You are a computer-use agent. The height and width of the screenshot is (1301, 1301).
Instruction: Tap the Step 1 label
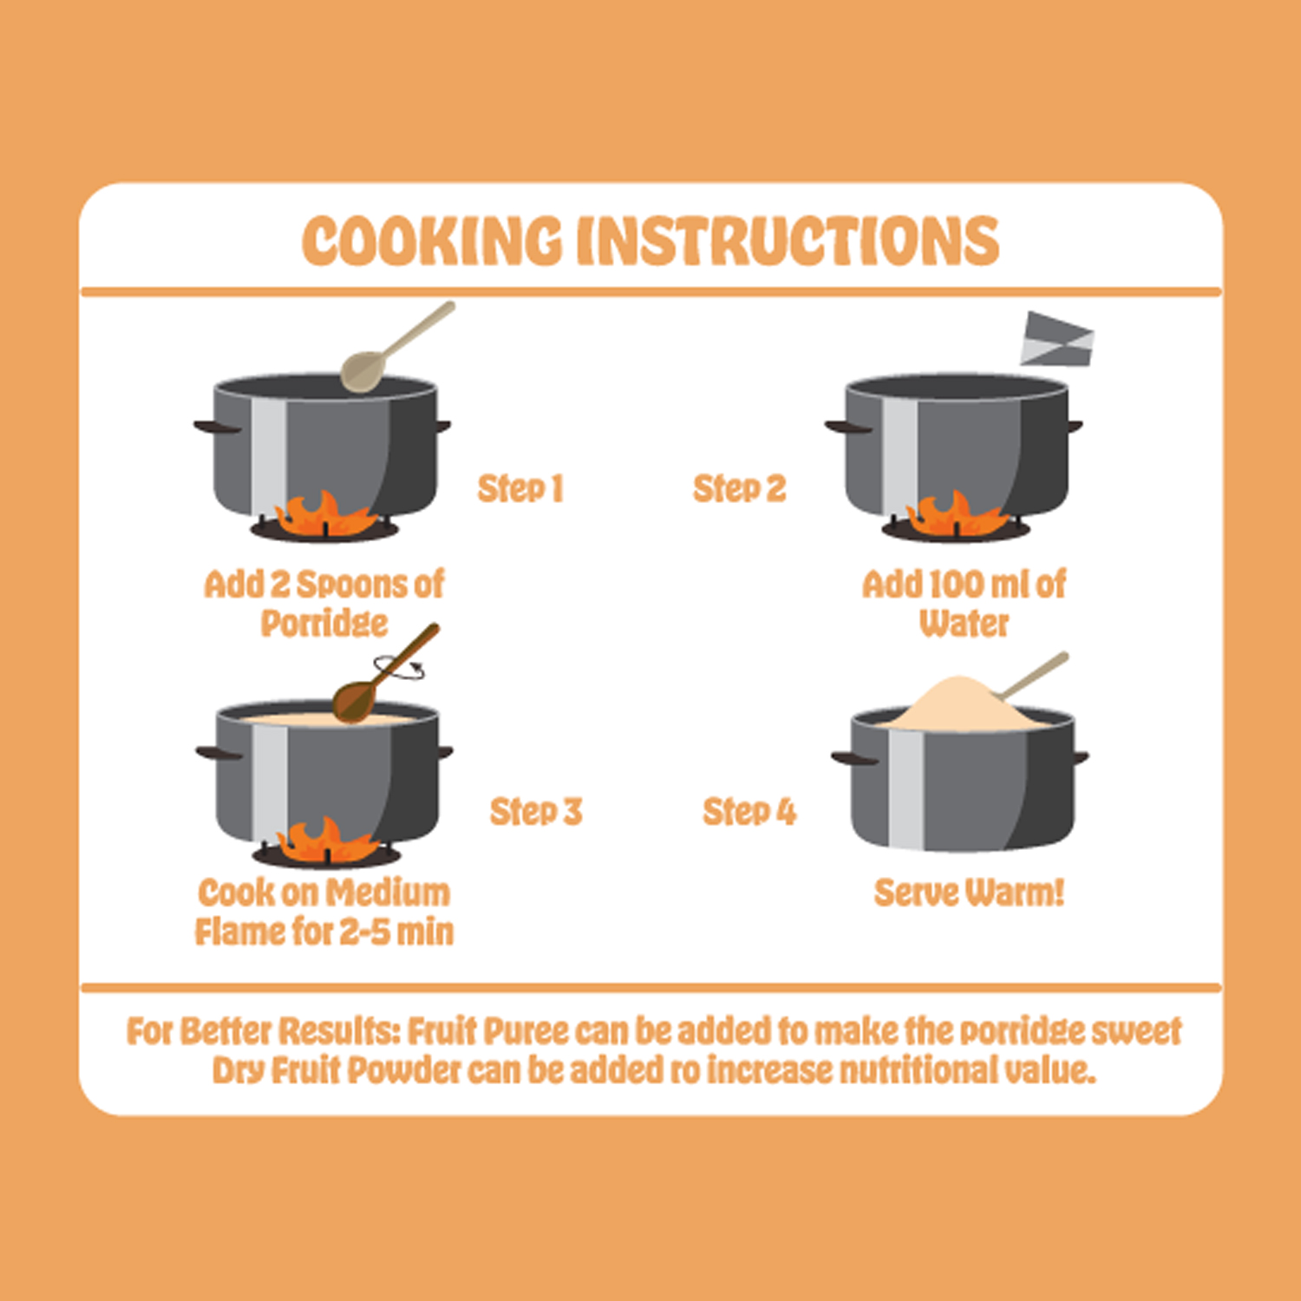coord(520,489)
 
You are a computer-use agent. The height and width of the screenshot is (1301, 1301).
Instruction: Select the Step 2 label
coord(740,489)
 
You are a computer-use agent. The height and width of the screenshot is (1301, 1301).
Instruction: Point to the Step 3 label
coord(536,812)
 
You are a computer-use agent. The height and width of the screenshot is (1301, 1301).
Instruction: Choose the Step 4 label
coord(749,812)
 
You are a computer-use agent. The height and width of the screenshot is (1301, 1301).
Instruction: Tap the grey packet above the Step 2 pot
coord(1057,339)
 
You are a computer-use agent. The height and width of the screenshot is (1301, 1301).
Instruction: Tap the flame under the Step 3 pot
coord(327,840)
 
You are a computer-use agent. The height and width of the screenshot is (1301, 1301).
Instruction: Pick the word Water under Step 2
coord(964,624)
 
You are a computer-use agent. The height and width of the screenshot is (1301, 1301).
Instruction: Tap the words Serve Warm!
coord(969,892)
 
